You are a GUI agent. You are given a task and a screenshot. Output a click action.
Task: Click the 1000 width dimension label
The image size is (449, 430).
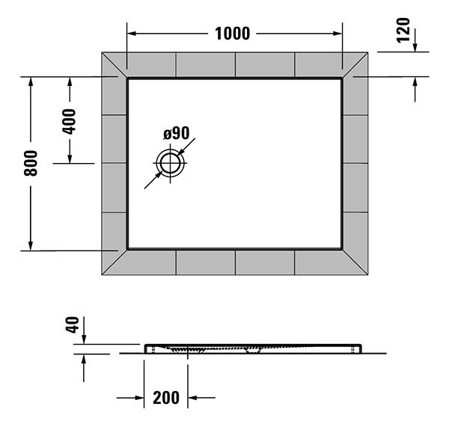pyautogui.click(x=232, y=33)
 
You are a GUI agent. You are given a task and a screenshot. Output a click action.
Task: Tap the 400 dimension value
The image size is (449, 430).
pyautogui.click(x=70, y=120)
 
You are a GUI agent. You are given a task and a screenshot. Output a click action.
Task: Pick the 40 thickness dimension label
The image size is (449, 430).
pyautogui.click(x=73, y=326)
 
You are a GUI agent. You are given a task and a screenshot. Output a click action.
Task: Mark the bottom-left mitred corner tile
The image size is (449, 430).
pyautogui.click(x=114, y=261)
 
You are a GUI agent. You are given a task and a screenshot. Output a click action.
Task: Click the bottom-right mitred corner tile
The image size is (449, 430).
pyautogui.click(x=355, y=261)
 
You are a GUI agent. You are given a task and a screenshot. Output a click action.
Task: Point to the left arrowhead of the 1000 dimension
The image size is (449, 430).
pyautogui.click(x=131, y=33)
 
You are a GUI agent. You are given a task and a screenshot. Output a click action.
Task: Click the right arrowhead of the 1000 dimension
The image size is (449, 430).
pyautogui.click(x=338, y=33)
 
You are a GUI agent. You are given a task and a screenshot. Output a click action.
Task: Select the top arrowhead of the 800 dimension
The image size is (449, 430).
pyautogui.click(x=31, y=82)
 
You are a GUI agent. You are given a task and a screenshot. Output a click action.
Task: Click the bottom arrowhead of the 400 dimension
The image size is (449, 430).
pyautogui.click(x=70, y=158)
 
